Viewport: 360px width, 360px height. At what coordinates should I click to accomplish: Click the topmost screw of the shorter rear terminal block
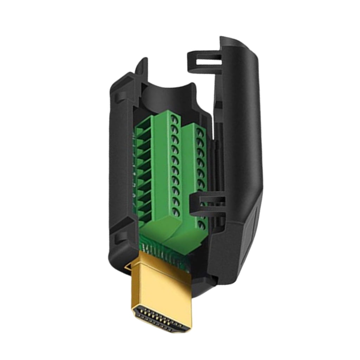pos(200,132)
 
